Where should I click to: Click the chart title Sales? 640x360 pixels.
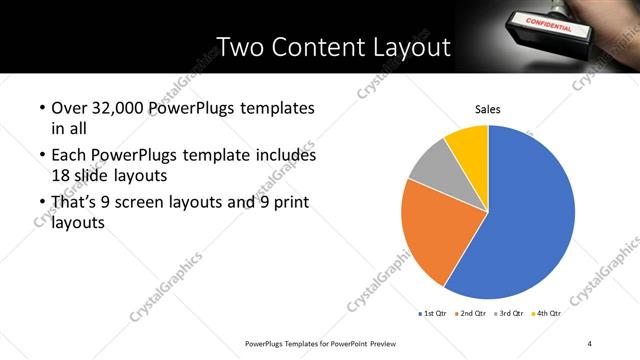click(x=487, y=110)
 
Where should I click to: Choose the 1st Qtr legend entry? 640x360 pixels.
click(x=433, y=313)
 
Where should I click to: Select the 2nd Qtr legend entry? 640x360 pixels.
click(x=471, y=313)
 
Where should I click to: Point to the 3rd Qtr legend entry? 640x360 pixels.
click(x=509, y=313)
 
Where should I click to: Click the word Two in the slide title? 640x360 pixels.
click(x=241, y=47)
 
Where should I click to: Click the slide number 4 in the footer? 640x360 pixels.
click(x=590, y=343)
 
